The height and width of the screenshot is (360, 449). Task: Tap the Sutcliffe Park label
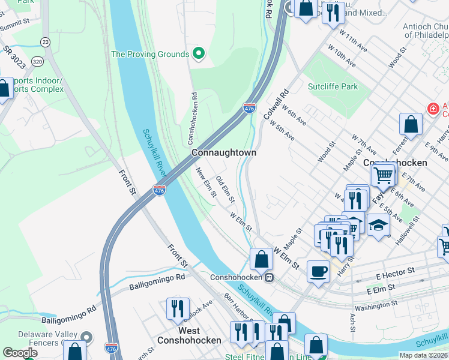tap(333, 86)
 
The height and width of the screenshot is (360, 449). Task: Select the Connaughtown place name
tap(224, 153)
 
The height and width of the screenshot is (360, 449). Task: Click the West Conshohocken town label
tap(189, 335)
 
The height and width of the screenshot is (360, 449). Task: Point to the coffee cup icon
tap(318, 271)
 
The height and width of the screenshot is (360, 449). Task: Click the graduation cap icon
tap(378, 224)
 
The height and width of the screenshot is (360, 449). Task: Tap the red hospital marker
tap(432, 109)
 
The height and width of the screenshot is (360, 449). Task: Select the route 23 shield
tap(45, 41)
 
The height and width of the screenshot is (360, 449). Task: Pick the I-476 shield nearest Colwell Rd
tap(250, 109)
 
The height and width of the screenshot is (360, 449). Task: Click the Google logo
tap(20, 353)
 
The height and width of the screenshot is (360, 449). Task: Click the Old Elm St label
tap(225, 188)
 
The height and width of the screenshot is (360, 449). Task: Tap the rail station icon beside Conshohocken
tap(270, 277)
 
